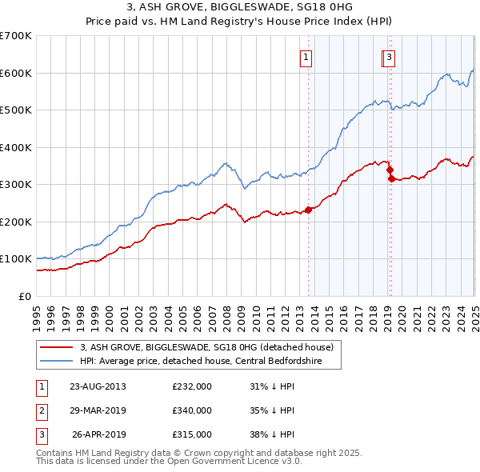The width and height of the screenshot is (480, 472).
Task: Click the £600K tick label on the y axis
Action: coord(16,73)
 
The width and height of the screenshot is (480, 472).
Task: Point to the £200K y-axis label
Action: coord(16,222)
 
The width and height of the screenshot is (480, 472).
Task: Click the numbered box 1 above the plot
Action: coord(306,57)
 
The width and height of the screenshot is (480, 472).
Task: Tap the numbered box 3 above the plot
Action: coord(388,57)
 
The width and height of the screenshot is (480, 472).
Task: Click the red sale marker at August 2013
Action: coord(308,210)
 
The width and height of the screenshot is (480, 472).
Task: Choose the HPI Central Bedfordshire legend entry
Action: coord(204,361)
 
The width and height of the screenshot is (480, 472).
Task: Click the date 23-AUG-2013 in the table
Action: coord(98,386)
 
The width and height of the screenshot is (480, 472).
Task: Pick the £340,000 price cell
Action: coord(192,410)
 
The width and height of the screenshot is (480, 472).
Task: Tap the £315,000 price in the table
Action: coord(192,435)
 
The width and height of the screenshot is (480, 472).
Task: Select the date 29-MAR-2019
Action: coord(98,410)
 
